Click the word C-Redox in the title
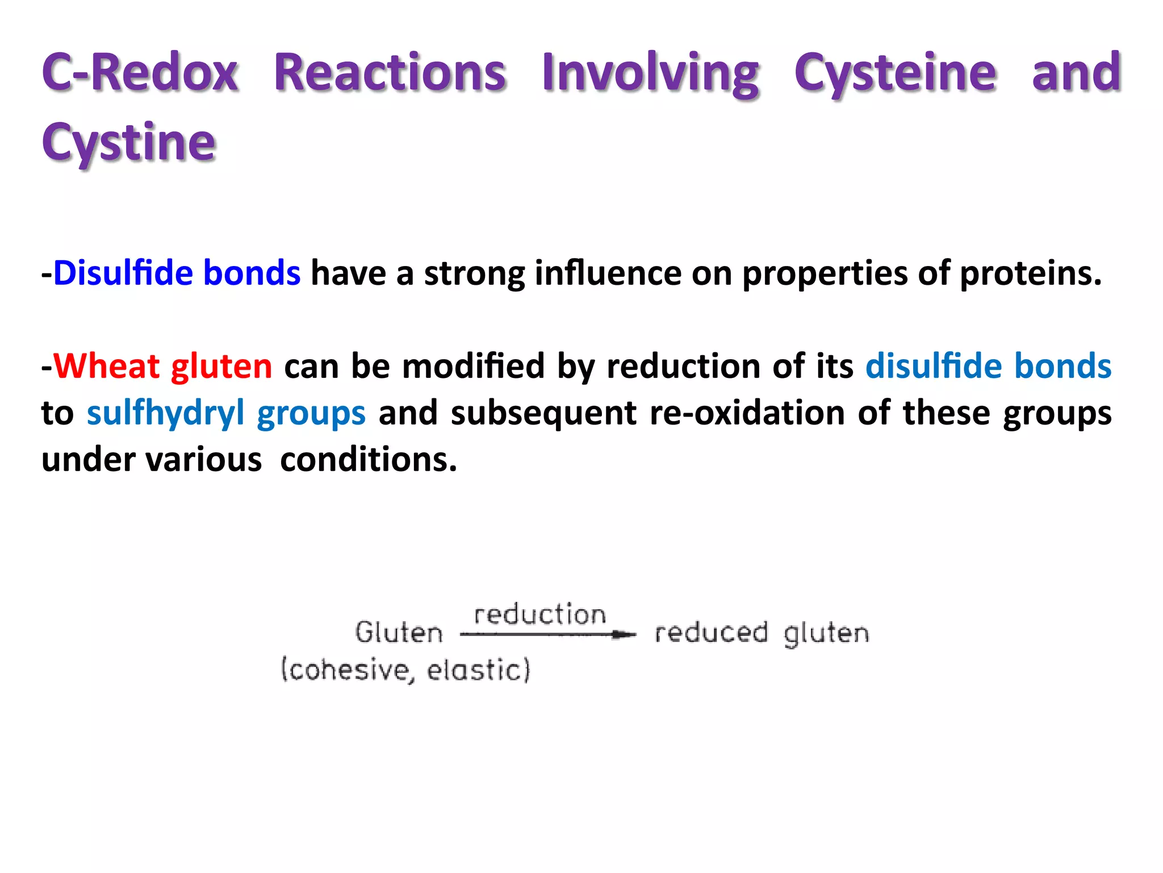click(140, 73)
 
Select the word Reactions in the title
click(390, 73)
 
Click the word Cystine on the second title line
click(128, 142)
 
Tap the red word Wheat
click(106, 365)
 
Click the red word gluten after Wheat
click(221, 367)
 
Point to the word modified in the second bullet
click(473, 365)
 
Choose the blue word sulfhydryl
click(165, 413)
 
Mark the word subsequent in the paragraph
click(543, 413)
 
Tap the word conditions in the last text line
click(368, 459)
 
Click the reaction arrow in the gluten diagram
click(547, 634)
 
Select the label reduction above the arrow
click(539, 615)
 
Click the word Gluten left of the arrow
click(399, 633)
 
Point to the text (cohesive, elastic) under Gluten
click(406, 670)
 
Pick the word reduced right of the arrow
click(711, 633)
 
